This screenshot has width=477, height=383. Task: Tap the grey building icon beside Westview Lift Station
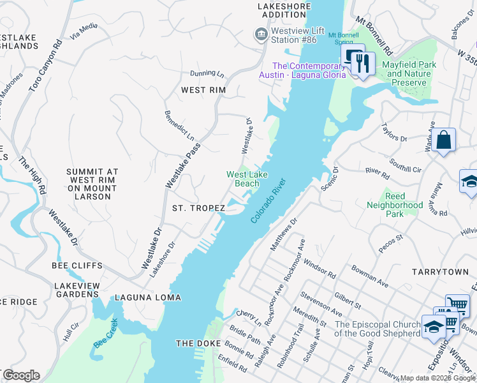pos(260,34)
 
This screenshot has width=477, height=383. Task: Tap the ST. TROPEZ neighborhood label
pos(198,208)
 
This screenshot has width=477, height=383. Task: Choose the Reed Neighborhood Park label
pos(395,205)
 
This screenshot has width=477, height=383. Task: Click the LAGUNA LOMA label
pos(148,298)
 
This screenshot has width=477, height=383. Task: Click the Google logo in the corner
pos(21,375)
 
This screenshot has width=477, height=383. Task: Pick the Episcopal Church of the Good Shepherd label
pos(376,329)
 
